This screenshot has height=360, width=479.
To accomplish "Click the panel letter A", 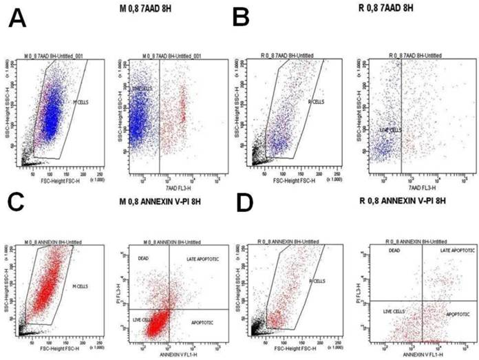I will pos(19,19).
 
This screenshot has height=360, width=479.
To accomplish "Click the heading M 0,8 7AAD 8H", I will pos(140,10).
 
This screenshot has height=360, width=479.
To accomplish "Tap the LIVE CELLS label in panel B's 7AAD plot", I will pos(391,129).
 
